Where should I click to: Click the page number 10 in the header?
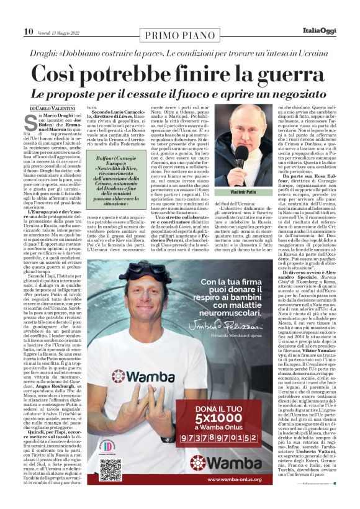(x=29, y=31)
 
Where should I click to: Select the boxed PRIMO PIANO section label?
(x=180, y=32)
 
